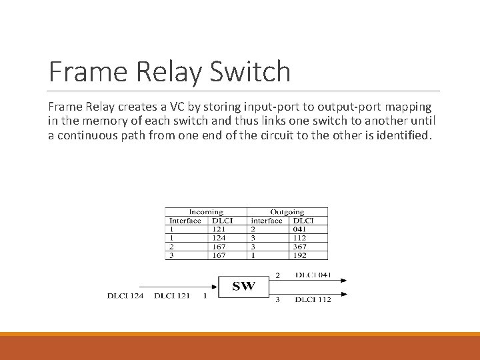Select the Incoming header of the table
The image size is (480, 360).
click(x=206, y=212)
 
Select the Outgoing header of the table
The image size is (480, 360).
click(x=287, y=212)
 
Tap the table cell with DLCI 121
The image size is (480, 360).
click(x=219, y=229)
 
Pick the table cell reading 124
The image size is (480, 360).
click(x=219, y=238)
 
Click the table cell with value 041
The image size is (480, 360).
click(x=299, y=229)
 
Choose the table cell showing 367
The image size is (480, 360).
click(x=299, y=247)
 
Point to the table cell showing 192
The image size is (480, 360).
click(x=299, y=255)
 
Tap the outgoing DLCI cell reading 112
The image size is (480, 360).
click(x=299, y=238)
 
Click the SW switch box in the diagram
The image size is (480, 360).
click(x=243, y=287)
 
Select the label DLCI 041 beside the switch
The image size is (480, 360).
click(x=313, y=275)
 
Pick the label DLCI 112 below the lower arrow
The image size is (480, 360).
click(x=313, y=299)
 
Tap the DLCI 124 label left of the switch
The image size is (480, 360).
click(x=125, y=295)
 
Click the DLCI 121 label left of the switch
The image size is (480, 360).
click(x=172, y=295)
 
